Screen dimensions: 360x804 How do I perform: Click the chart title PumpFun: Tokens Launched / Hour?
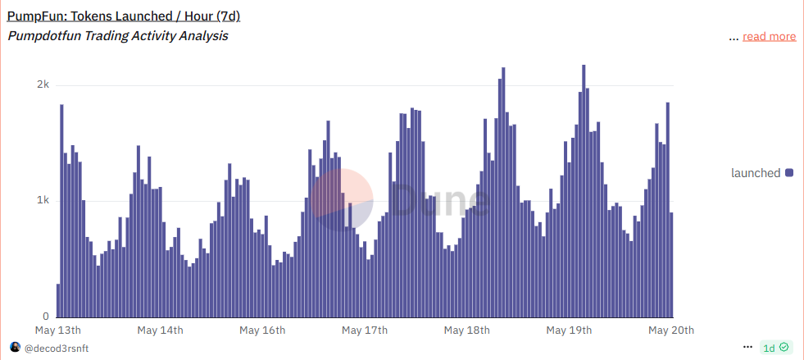tap(123, 16)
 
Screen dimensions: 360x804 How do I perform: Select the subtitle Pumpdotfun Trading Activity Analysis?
tap(117, 36)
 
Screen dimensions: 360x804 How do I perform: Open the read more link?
tap(769, 36)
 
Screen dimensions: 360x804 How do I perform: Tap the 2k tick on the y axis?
tap(43, 85)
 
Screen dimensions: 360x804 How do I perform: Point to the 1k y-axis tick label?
tap(43, 201)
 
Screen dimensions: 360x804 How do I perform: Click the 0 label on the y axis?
tap(46, 317)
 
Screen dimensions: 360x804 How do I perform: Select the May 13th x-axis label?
tap(58, 330)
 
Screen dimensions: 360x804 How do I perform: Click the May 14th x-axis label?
tap(161, 330)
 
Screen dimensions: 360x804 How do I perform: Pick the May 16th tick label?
tap(262, 330)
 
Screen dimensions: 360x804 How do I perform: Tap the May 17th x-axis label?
tap(365, 330)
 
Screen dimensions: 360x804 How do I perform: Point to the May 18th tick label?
tap(466, 330)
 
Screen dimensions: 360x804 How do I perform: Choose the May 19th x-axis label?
tap(569, 330)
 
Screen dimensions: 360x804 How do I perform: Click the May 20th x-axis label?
tap(671, 330)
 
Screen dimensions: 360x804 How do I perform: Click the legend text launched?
tap(756, 173)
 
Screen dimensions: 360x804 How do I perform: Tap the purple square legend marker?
tap(789, 173)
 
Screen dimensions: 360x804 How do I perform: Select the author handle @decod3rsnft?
tap(56, 348)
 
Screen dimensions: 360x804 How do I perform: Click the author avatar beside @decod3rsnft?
tap(15, 348)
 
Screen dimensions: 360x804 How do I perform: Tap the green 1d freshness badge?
tap(775, 348)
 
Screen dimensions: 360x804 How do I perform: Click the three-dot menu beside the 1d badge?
tap(747, 348)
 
